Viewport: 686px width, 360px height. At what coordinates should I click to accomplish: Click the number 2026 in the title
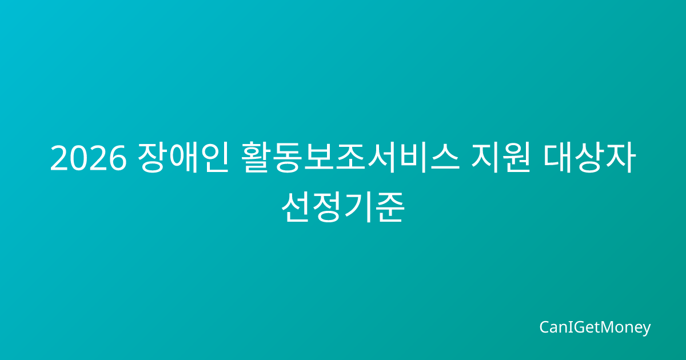pos(88,158)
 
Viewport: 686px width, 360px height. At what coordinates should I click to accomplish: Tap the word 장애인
pos(183,157)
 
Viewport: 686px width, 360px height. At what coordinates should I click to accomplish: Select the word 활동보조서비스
pos(350,157)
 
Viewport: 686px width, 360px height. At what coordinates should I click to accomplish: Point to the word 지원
pos(501,157)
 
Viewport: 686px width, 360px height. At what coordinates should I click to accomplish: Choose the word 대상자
pos(589,157)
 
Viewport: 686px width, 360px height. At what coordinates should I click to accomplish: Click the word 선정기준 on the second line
pos(343,207)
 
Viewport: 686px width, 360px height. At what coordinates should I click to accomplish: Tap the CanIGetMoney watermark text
pos(595,327)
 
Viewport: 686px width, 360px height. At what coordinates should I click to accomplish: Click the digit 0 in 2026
pos(78,158)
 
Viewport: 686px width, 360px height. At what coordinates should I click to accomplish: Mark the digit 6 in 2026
pos(117,158)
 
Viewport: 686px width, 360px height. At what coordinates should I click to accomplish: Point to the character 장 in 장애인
pos(152,157)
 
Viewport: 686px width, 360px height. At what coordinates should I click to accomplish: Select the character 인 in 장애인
pos(214,157)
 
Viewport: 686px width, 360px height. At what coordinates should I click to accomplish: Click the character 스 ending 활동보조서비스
pos(445,157)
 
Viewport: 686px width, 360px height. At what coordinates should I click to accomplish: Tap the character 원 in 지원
pos(517,157)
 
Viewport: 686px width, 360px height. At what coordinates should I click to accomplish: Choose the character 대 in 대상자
pos(558,157)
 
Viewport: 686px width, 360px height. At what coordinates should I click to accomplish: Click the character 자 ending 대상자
pos(621,157)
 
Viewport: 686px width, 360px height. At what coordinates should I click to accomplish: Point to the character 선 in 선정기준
pos(296,207)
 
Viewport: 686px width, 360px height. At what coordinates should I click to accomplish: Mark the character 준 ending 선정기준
pos(390,207)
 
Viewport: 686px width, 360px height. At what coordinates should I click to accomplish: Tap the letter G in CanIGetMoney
pos(575,327)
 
